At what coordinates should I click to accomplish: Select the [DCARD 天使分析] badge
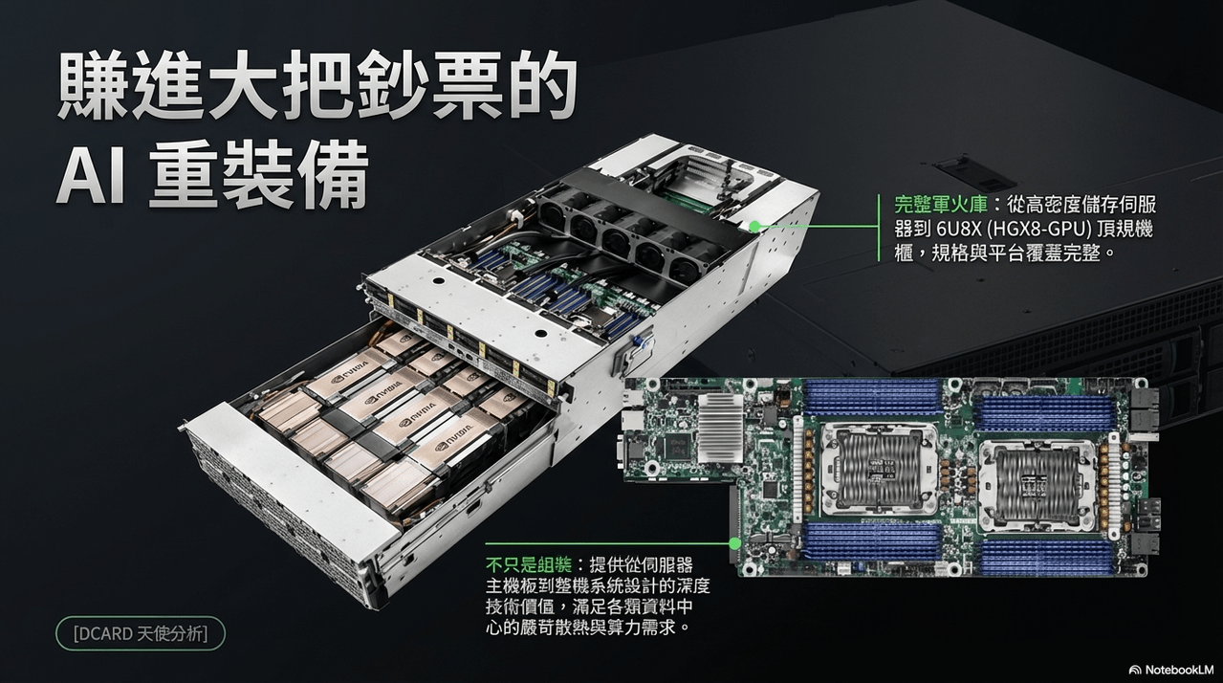[141, 634]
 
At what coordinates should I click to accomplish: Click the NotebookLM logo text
[1171, 670]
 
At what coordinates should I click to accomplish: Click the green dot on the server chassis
[754, 226]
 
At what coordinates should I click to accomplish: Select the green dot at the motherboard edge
[735, 543]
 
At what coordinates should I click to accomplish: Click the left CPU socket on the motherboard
[879, 469]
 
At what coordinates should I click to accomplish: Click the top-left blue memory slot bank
[870, 397]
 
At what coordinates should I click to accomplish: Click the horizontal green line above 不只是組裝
[607, 543]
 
